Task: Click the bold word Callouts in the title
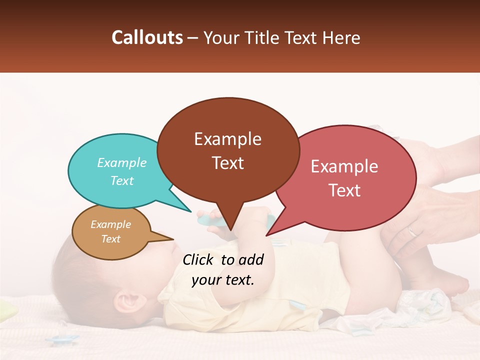coord(147,37)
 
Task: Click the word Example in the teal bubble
coord(122,163)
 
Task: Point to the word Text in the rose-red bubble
coord(344,190)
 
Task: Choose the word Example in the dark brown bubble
coord(228,139)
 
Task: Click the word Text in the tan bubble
coord(111,239)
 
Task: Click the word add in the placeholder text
coord(251,259)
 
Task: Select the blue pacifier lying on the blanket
coord(63,339)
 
